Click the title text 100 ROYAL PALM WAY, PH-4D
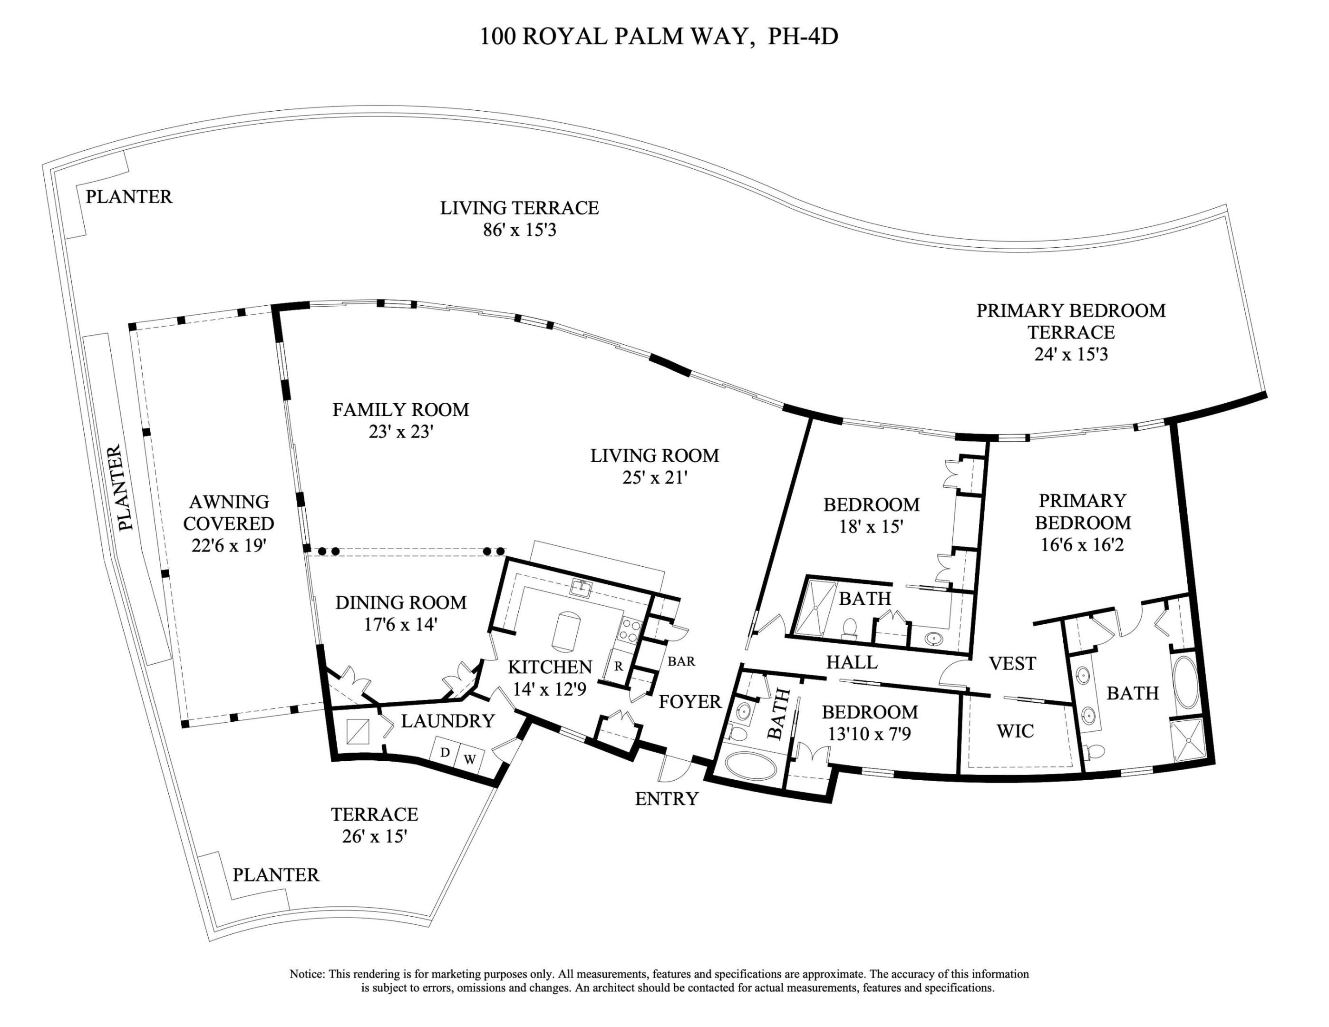click(659, 37)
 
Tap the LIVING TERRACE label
click(519, 208)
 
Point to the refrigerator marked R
click(618, 666)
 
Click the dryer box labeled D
click(445, 753)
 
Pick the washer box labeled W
click(470, 759)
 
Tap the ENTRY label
click(666, 799)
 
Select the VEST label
click(1012, 663)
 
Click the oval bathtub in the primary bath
click(1185, 681)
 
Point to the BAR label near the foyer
click(681, 661)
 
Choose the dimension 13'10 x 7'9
click(869, 735)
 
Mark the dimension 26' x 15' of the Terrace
click(374, 836)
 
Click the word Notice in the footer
click(307, 974)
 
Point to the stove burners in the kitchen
click(629, 630)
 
